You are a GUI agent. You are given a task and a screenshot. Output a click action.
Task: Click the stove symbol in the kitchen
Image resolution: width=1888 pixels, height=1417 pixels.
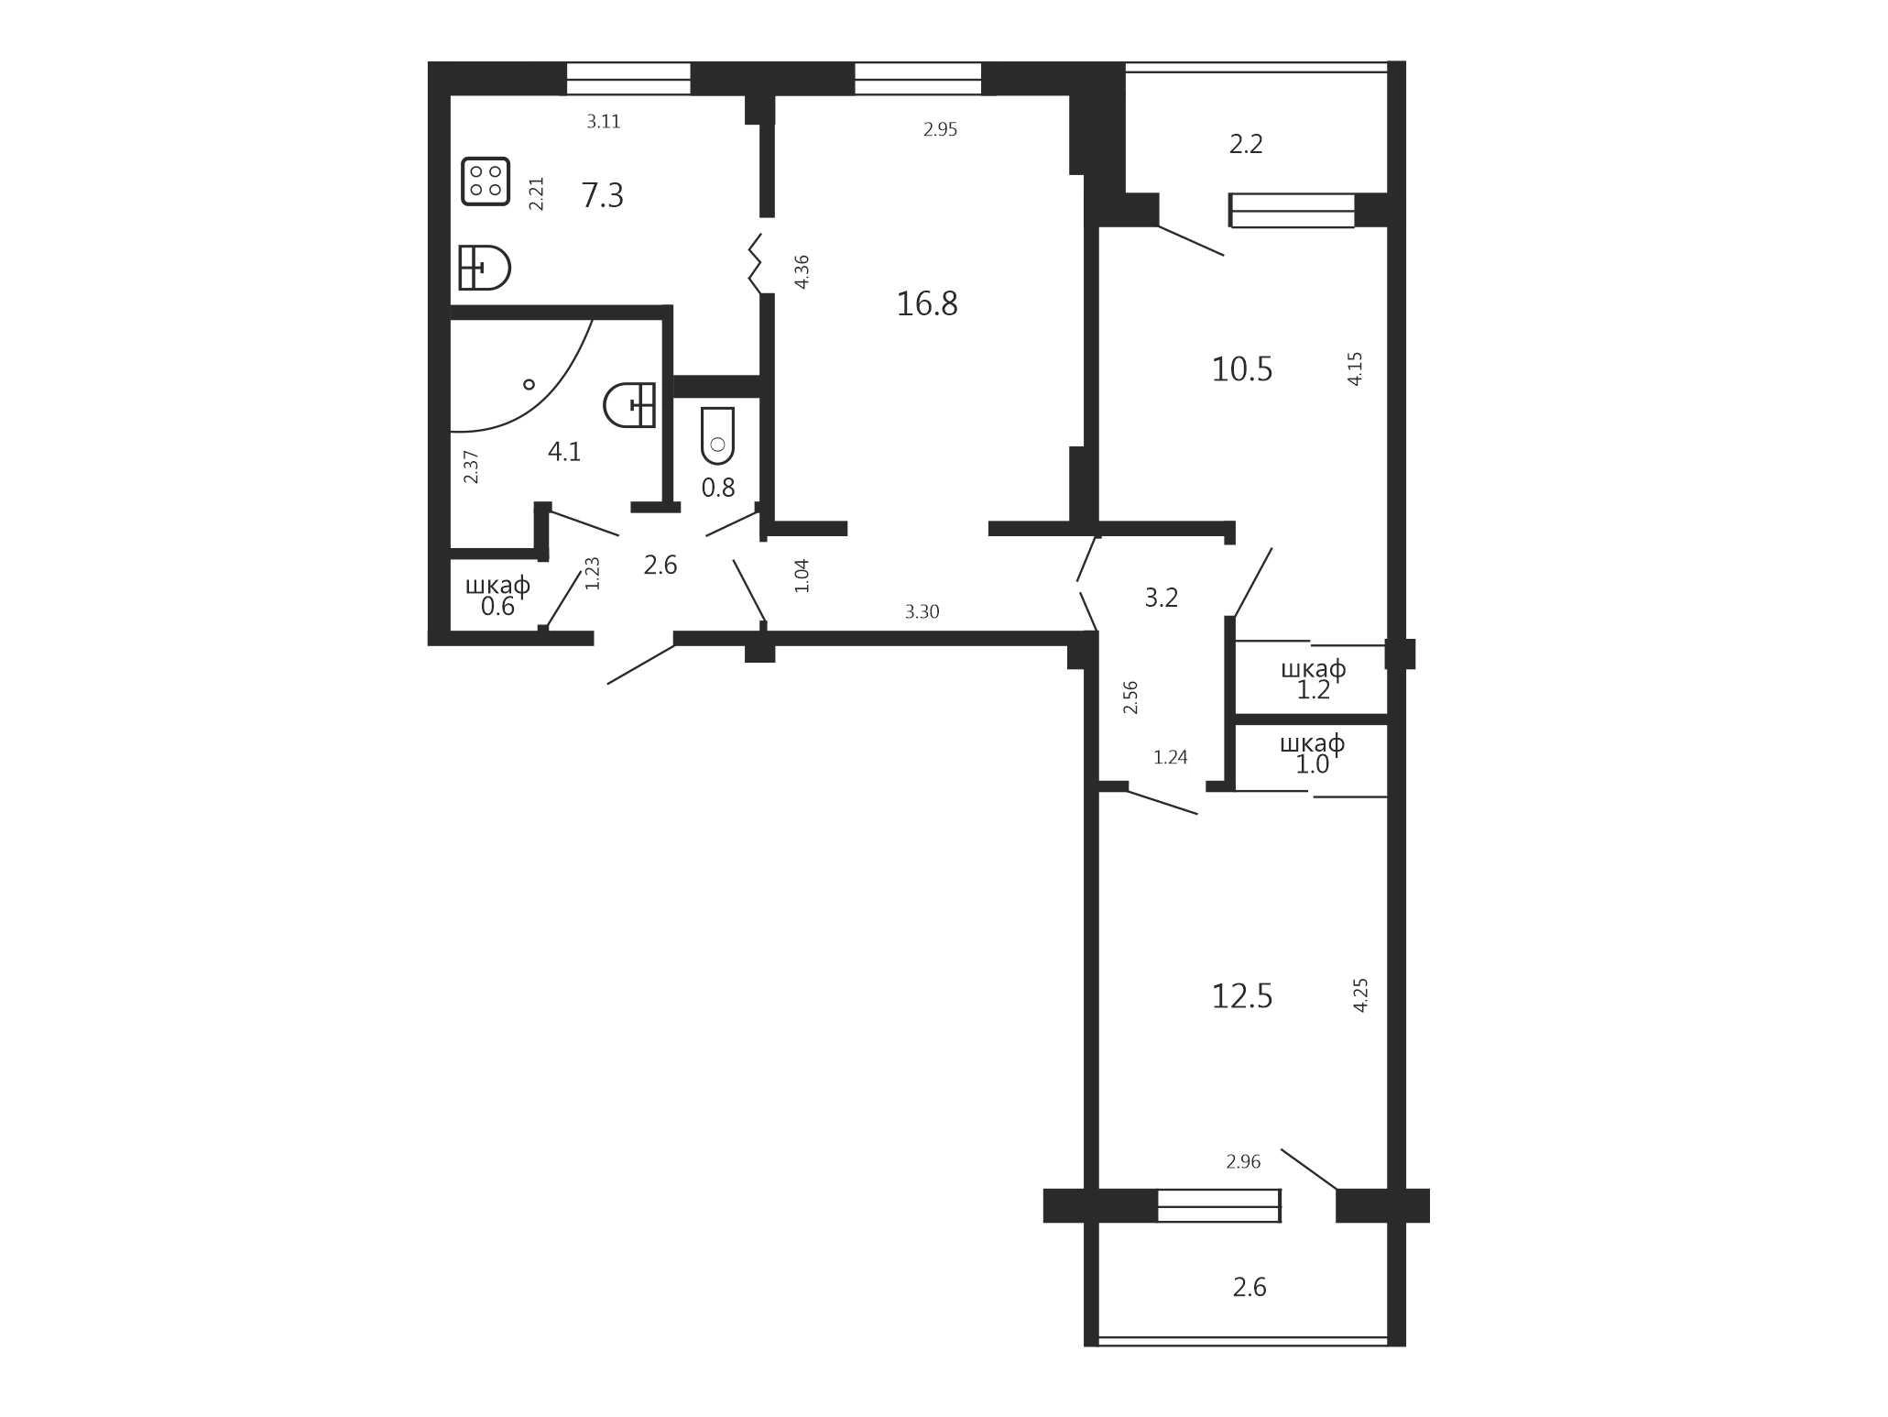486,181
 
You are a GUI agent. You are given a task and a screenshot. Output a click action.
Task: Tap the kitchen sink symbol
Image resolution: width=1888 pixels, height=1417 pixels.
484,268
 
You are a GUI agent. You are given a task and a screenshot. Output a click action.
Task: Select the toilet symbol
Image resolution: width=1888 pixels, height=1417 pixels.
718,435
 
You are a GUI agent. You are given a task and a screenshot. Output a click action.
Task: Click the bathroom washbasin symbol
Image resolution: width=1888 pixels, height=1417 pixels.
629,405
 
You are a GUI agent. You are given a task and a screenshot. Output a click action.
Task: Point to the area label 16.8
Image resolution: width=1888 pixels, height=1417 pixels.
927,303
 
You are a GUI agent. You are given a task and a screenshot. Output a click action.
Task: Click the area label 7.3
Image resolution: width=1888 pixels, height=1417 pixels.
603,195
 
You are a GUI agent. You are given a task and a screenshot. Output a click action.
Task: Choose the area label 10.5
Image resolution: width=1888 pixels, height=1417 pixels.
1242,369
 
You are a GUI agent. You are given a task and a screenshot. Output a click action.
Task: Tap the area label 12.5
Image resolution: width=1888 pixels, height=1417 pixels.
1242,995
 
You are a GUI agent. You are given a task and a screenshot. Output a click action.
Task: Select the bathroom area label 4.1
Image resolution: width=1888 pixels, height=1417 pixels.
564,451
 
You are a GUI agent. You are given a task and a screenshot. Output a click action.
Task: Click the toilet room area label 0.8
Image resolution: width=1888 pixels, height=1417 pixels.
718,488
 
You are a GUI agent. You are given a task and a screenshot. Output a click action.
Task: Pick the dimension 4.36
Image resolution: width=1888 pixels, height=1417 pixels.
802,271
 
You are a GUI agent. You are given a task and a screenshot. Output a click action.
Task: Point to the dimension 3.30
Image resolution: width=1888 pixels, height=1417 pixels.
922,612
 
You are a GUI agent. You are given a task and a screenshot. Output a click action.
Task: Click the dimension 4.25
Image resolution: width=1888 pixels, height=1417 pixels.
1360,994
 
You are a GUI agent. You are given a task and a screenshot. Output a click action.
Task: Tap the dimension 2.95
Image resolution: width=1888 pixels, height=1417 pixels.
941,129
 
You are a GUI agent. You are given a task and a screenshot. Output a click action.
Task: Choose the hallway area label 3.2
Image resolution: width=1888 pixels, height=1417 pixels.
1162,598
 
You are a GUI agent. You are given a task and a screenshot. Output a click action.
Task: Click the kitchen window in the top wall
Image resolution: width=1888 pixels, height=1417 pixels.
628,79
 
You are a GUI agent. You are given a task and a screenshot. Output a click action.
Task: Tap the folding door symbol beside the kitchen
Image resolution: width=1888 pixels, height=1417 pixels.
756,264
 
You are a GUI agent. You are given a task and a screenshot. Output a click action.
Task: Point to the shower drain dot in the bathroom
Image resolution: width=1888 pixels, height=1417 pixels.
529,384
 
